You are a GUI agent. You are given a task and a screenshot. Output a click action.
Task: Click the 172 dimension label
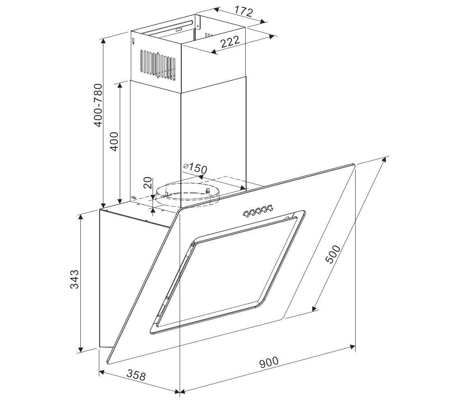(244, 12)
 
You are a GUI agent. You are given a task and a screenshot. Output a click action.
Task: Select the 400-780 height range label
(98, 105)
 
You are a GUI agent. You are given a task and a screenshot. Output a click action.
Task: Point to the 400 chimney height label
(114, 142)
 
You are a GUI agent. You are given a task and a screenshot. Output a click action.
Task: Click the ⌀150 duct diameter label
(195, 168)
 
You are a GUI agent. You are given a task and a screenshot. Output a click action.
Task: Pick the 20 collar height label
(148, 183)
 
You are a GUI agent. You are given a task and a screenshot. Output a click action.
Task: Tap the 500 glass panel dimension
(333, 254)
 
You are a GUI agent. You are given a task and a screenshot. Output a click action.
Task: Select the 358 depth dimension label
(136, 375)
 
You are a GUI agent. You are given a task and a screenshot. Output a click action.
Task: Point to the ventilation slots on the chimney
(158, 65)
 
